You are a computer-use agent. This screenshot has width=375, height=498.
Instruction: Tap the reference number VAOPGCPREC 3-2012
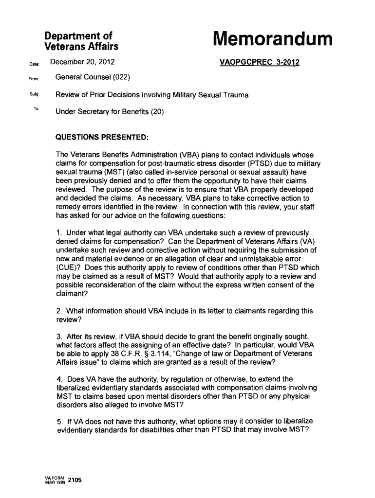tap(260, 62)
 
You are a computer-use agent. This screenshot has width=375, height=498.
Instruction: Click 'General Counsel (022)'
tap(92, 77)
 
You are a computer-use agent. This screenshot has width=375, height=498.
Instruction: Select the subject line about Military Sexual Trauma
tap(152, 95)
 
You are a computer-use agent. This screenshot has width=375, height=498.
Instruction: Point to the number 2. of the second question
tap(58, 311)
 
